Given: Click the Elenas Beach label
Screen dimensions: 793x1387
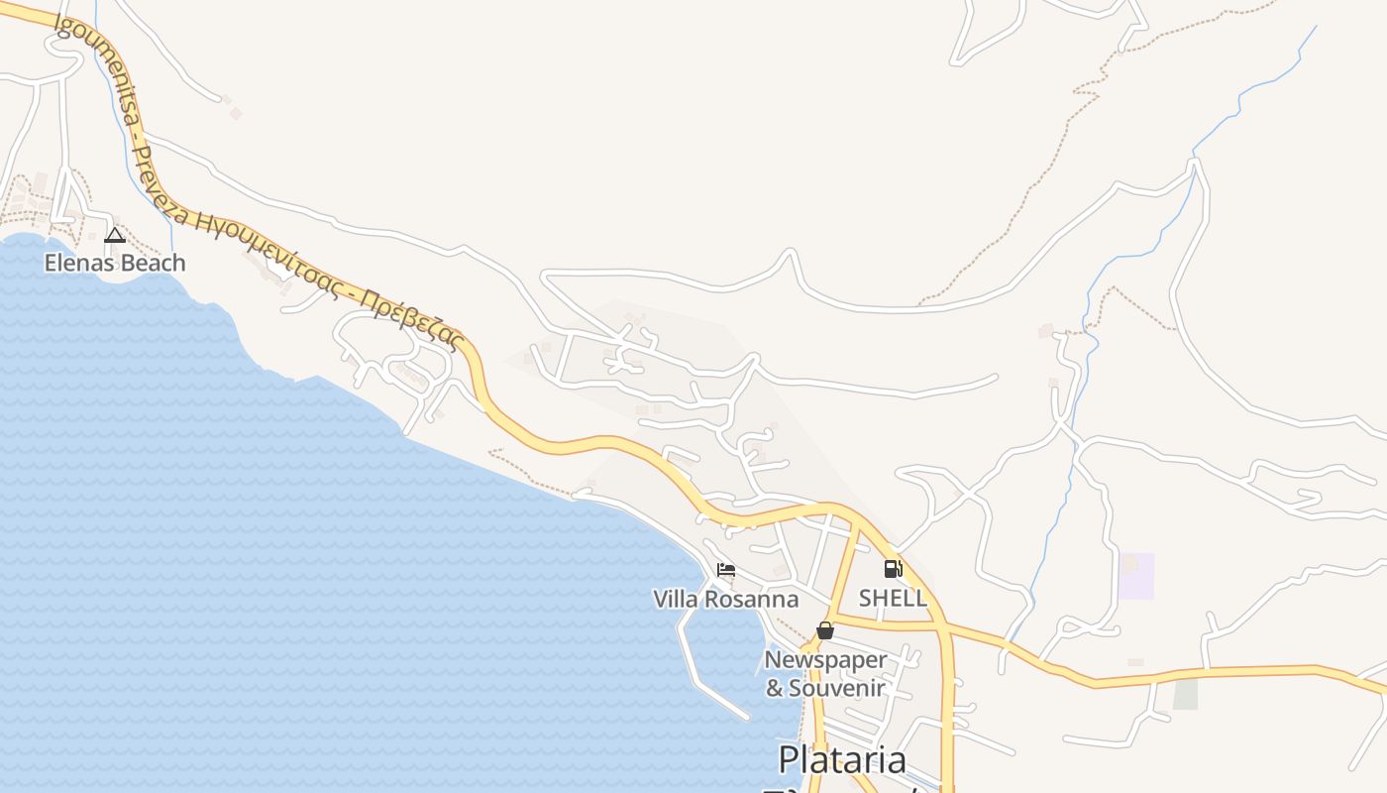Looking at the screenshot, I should point(115,263).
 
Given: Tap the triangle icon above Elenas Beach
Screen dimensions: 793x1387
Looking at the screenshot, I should point(115,236).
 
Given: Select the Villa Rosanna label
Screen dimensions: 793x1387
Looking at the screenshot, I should point(725,599).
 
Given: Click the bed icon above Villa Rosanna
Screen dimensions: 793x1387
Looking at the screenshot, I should point(726,570).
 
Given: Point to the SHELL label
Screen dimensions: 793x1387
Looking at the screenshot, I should point(893,598).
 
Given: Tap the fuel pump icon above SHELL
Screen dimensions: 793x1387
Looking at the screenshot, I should point(893,569).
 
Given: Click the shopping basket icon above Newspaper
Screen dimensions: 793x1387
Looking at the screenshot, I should point(824,630).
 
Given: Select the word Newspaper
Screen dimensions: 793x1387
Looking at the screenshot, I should point(825,660).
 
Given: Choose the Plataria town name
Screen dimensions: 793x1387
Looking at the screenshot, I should point(842,760).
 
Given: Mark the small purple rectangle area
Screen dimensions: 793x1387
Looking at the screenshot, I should point(1136,576).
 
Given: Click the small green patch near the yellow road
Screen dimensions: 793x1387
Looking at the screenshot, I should point(1185,693).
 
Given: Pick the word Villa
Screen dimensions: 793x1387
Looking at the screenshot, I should point(675,599).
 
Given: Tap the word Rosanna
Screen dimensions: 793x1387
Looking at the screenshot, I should point(750,599).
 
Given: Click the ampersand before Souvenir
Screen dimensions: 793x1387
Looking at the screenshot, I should point(774,687).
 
